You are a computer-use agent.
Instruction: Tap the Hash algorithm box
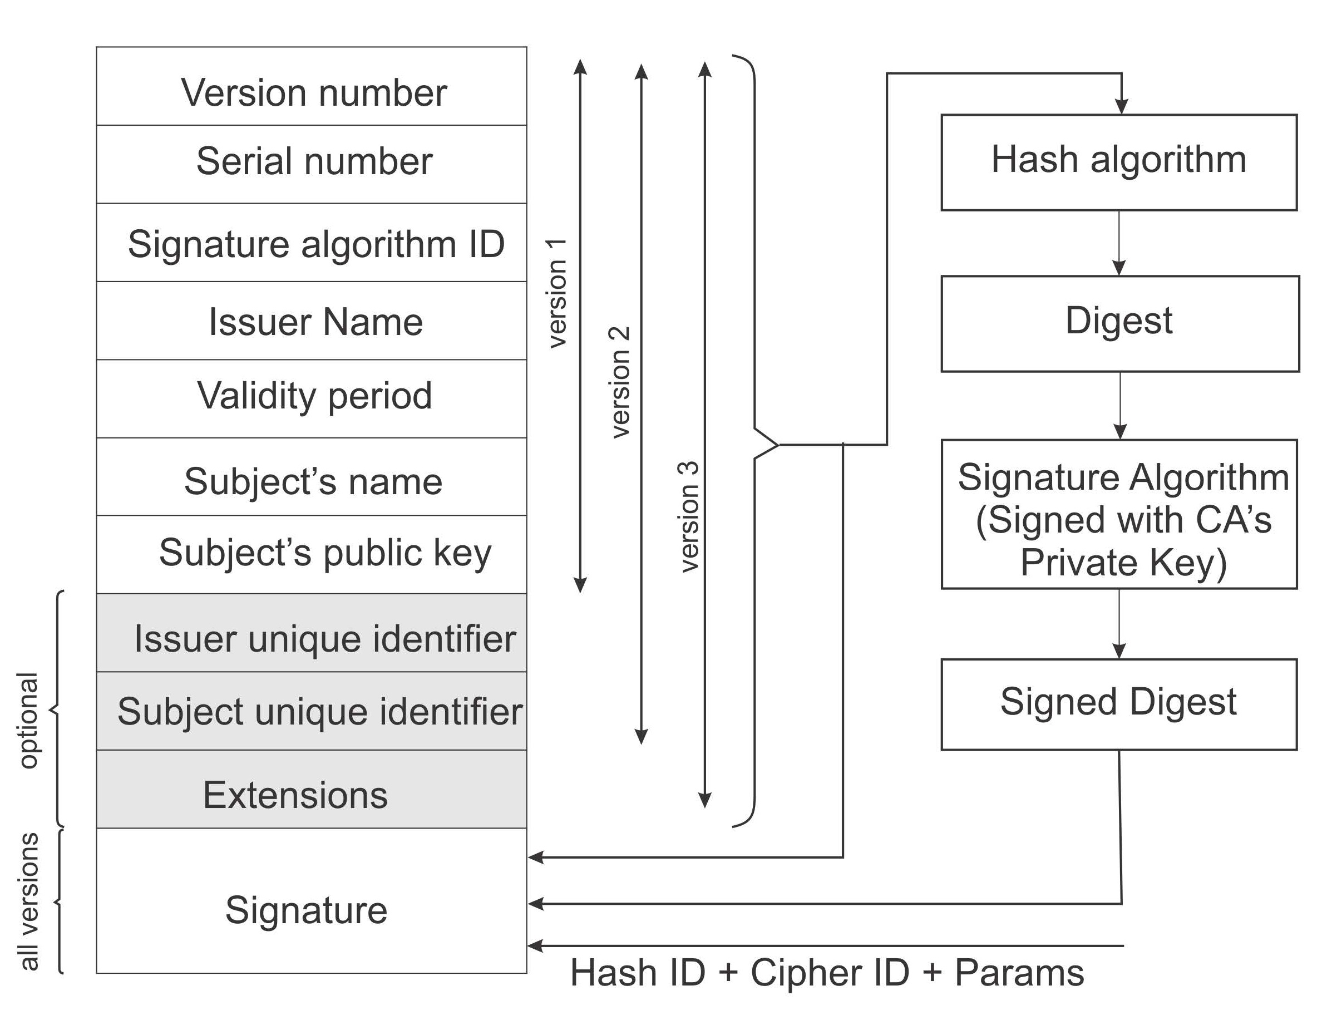(1118, 161)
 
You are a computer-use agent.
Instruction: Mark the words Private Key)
(1123, 562)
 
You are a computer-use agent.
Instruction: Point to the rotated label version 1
(556, 293)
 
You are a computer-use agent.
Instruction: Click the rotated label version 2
(619, 382)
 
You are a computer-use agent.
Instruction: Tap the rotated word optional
(28, 720)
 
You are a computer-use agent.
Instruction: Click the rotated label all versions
(28, 901)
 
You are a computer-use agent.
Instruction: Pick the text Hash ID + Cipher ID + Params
(827, 973)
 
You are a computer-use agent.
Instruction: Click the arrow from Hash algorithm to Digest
(1119, 243)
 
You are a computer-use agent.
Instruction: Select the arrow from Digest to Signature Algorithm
(1120, 405)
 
